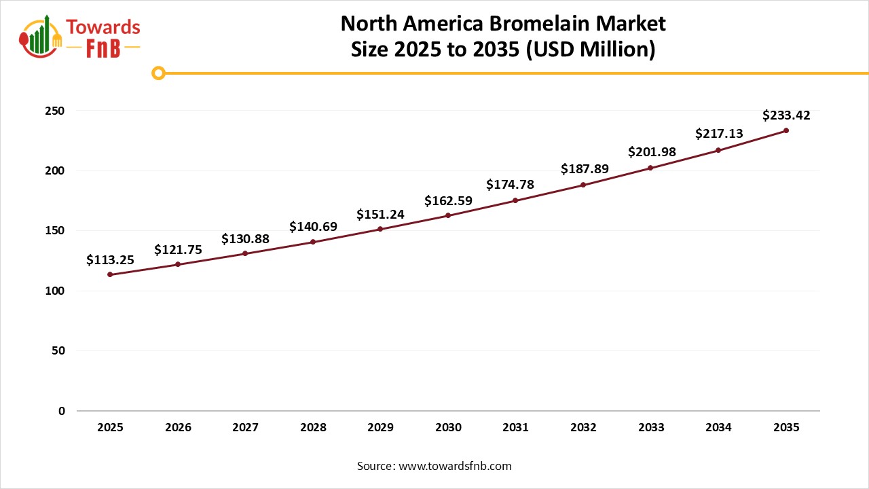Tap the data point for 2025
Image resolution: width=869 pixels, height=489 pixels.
coord(110,274)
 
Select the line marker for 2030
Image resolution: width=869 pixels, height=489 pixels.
coord(448,215)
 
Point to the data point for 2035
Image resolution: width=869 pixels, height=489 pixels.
coord(786,130)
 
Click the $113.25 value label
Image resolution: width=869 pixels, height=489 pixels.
coord(110,259)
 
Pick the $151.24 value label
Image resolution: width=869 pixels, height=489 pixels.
coord(380,215)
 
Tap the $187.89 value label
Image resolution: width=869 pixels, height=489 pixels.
coord(584,169)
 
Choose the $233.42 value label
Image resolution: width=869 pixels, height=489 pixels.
coord(786,115)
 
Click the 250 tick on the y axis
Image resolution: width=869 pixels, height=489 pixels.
coord(56,111)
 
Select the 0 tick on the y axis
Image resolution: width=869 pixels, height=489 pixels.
coord(61,411)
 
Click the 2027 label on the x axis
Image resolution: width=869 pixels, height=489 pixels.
coord(245,428)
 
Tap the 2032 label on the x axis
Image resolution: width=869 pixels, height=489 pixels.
coord(584,428)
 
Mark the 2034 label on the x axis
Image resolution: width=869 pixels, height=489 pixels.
coord(718,428)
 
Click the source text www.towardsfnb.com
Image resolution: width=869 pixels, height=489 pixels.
coord(454,466)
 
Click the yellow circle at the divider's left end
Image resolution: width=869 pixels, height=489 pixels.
coord(158,73)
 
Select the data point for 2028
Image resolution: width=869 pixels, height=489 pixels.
coord(313,242)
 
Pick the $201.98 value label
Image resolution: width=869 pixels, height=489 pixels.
coord(652,152)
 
